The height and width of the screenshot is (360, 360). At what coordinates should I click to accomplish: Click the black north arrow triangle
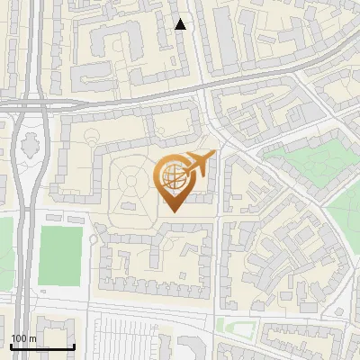(181, 24)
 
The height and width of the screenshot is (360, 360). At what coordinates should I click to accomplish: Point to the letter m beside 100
(33, 338)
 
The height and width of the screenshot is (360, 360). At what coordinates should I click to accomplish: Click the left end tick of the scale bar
(11, 346)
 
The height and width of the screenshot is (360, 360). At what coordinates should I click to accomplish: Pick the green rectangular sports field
(60, 255)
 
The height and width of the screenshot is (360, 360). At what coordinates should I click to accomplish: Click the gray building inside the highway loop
(29, 142)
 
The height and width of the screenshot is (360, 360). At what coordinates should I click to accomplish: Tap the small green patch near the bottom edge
(236, 326)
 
